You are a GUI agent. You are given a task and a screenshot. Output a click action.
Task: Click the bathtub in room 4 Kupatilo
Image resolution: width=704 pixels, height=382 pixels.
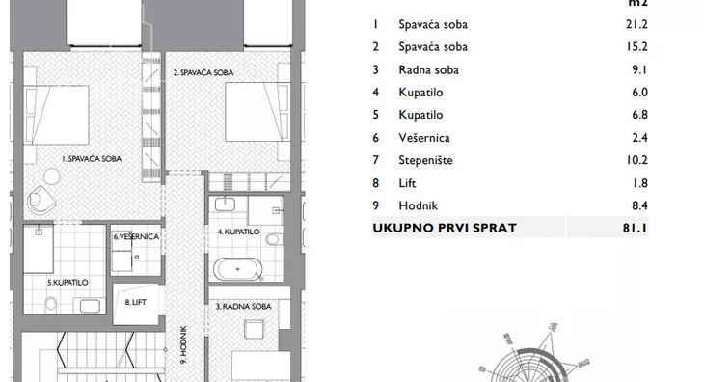237,269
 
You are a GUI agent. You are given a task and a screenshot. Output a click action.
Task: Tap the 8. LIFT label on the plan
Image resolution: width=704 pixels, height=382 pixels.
136,302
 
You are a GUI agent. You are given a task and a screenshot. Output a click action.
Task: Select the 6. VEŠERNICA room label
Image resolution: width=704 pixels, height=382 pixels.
136,236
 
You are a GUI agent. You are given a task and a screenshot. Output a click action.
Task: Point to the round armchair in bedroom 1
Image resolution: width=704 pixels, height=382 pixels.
41,200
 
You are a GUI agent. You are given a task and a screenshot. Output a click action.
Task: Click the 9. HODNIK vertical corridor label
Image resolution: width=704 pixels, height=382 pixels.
183,344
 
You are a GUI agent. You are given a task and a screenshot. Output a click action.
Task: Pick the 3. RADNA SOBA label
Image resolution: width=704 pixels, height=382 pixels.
244,306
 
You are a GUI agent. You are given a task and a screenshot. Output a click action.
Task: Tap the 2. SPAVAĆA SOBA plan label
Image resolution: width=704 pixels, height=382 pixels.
203,72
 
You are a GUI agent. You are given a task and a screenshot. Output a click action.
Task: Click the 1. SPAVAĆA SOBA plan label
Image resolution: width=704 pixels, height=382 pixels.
92,158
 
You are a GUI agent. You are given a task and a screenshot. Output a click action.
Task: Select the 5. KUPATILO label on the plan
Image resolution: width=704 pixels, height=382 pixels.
68,283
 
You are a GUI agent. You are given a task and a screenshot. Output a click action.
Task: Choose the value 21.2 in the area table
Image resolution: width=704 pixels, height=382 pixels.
636,24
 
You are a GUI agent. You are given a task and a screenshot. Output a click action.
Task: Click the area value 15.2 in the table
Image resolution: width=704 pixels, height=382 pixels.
636,46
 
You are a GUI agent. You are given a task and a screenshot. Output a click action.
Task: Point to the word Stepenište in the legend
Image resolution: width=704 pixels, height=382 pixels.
425,160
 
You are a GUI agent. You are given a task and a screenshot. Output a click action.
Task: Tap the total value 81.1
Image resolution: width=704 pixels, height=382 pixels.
635,228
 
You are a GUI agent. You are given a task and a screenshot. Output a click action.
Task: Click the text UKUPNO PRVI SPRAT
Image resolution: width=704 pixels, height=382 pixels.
445,228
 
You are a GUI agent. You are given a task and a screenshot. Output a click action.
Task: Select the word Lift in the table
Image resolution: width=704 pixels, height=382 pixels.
407,183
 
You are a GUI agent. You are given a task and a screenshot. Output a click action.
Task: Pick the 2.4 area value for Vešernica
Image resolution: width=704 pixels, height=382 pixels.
639,137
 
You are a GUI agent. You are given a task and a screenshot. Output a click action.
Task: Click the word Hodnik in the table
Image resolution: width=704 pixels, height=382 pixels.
418,205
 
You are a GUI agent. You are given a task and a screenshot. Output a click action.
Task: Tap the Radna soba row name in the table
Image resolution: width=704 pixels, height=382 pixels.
429,70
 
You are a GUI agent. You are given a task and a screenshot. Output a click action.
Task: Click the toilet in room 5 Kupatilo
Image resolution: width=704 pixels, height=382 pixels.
51,304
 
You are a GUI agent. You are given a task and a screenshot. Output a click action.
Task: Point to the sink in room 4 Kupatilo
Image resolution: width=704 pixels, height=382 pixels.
225,205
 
